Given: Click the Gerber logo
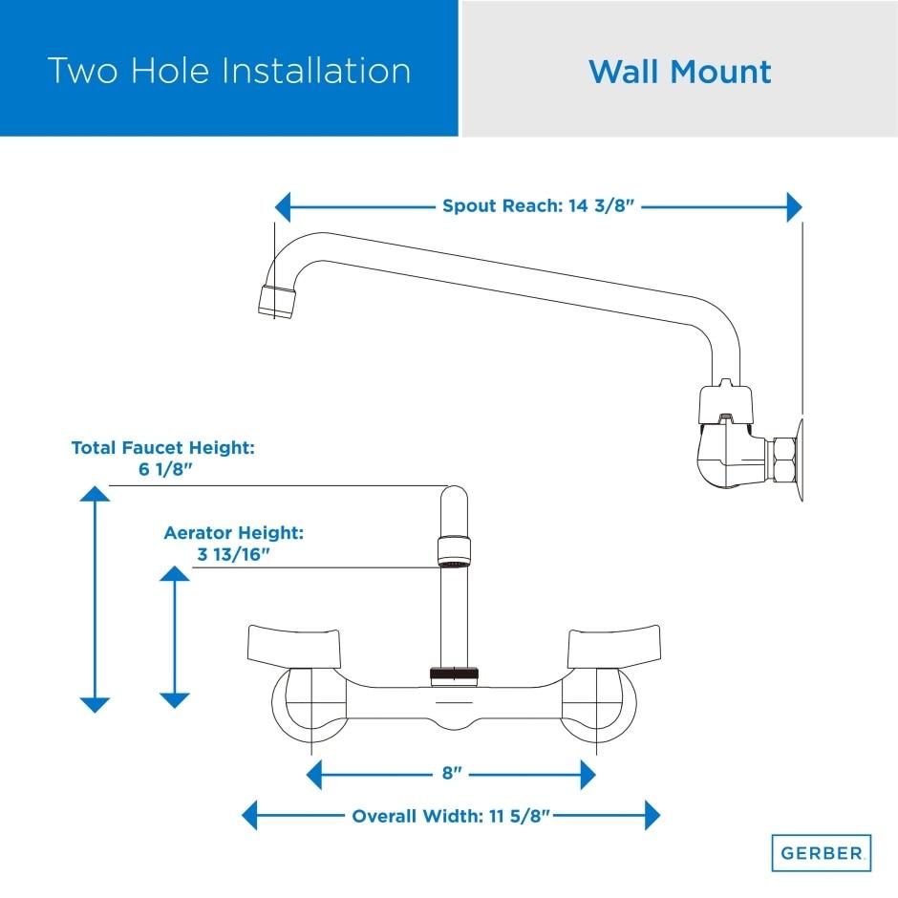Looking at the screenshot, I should coord(821,852).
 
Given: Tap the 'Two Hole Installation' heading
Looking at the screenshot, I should coord(229,71).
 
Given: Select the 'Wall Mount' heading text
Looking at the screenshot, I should coord(679,72).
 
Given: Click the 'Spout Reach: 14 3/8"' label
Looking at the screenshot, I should coord(539,205).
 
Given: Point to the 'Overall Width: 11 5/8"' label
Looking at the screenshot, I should coord(451,816).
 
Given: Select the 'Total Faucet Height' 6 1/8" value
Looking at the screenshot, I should coord(163,469).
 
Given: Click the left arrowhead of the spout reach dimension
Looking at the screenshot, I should coord(282,206).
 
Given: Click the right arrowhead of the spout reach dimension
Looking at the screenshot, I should coord(794,206).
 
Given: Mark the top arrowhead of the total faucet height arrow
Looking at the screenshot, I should coord(95,493).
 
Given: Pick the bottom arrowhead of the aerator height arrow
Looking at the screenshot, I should coord(174,700).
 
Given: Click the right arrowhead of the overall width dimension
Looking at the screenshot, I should coord(652,816).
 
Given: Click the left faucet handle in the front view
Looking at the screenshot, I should coord(291,647).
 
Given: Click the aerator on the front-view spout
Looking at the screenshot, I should coord(455,551).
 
